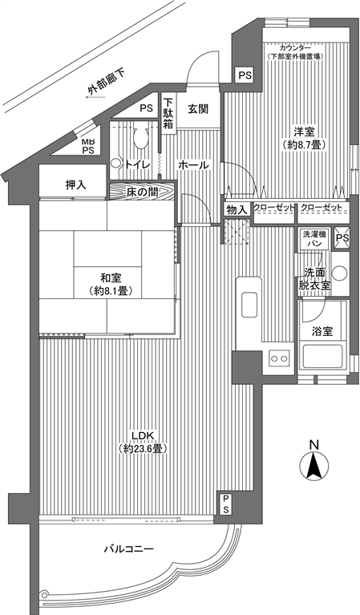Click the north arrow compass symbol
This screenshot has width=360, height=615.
point(314,466)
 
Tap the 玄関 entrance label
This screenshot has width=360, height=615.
point(197,109)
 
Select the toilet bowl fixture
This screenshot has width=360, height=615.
point(140,137)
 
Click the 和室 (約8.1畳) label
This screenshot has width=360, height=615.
point(111,285)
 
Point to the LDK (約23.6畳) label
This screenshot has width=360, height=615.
point(144,442)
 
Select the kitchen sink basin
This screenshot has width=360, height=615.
point(249,305)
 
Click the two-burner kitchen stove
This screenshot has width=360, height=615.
point(279,358)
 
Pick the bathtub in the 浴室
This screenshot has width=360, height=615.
point(322,357)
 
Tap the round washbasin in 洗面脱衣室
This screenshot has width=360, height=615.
point(340,273)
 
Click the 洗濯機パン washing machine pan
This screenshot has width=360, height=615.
point(314,238)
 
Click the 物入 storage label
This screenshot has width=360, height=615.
point(237,210)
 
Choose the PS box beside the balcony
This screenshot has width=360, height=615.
point(226,504)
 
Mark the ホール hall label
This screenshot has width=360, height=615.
point(194,165)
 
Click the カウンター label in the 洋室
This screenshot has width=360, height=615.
point(294,48)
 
